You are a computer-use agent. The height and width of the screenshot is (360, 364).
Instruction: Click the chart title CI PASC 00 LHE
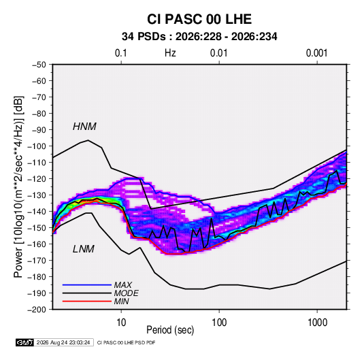(x=199, y=19)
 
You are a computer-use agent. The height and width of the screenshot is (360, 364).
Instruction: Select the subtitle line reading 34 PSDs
(x=199, y=37)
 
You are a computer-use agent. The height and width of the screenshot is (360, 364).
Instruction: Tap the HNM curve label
(x=84, y=127)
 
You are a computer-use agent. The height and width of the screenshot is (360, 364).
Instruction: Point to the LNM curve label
(x=84, y=249)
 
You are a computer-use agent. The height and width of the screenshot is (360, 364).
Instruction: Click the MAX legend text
(x=122, y=285)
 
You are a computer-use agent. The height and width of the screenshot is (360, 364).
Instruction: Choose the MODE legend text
(x=126, y=293)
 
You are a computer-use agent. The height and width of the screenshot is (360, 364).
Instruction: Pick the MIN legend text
(x=121, y=301)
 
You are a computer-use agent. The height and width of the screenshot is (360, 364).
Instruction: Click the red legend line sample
(x=87, y=301)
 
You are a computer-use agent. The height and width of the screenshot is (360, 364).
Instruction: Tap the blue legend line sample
(x=87, y=284)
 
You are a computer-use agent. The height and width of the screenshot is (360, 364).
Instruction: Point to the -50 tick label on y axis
(x=39, y=65)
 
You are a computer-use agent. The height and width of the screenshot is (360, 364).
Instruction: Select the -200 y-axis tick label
(x=37, y=310)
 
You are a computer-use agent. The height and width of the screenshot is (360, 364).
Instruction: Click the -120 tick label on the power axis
(x=37, y=179)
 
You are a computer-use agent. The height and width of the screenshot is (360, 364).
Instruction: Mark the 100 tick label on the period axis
(x=219, y=323)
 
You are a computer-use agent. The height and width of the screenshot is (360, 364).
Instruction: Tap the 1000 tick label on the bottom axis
(x=317, y=323)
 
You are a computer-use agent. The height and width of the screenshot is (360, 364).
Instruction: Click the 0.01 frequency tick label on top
(x=218, y=53)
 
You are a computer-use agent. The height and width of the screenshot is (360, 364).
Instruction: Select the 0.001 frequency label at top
(x=316, y=53)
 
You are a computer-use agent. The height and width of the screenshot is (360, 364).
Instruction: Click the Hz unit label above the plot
(x=170, y=53)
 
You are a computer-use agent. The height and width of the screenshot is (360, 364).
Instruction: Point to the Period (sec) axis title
(x=170, y=330)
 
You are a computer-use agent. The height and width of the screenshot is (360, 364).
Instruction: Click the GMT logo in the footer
(x=25, y=342)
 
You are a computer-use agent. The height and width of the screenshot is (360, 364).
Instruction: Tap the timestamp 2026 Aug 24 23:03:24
(x=63, y=342)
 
